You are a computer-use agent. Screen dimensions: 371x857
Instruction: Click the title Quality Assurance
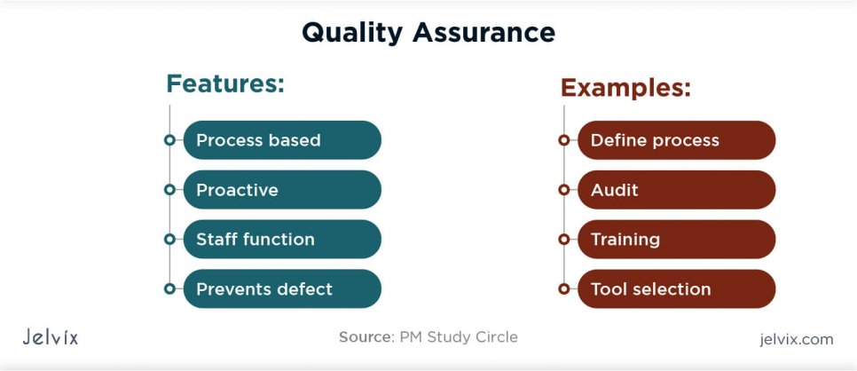[x=428, y=33]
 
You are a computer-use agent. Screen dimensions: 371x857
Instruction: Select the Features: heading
[x=225, y=84]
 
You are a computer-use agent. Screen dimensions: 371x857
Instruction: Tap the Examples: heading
[x=625, y=88]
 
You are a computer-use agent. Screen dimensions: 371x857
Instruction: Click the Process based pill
[x=281, y=140]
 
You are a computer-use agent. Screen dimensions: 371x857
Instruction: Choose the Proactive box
[x=281, y=190]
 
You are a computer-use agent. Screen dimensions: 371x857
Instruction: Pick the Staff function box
[x=281, y=240]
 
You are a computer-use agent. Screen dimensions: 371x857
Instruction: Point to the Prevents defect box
[x=281, y=289]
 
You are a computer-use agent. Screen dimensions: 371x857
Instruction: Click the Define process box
[x=676, y=140]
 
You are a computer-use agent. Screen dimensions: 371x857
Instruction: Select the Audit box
[x=676, y=190]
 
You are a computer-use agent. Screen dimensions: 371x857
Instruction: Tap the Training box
[x=676, y=240]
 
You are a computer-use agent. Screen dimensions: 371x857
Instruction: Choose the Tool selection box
[x=676, y=289]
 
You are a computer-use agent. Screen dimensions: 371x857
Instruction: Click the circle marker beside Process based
[x=169, y=140]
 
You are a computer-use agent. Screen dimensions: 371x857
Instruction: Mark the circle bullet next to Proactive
[x=169, y=190]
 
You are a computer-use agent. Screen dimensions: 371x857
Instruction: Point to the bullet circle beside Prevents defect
[x=169, y=289]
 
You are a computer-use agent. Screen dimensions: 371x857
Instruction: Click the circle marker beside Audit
[x=563, y=190]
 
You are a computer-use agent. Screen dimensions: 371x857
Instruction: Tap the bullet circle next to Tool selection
[x=563, y=289]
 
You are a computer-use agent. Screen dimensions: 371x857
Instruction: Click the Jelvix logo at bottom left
[x=50, y=338]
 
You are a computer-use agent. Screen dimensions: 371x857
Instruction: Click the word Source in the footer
[x=364, y=337]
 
